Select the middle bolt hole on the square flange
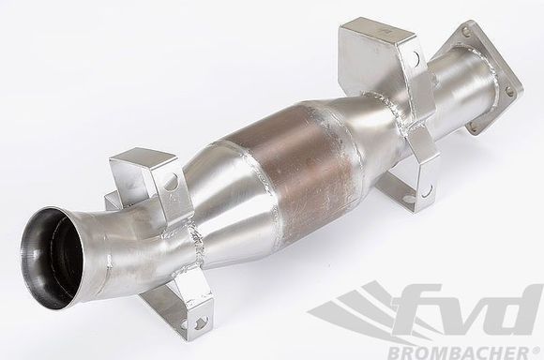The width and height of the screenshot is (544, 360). pos(509,93)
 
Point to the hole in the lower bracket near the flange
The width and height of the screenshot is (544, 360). pos(427,190)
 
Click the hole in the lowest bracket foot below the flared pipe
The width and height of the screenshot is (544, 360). pos(199,322)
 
